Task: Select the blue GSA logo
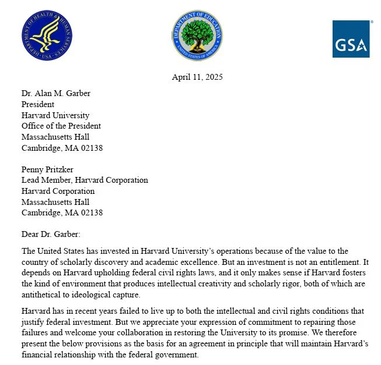[x=352, y=39]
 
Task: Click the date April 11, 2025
[x=197, y=77]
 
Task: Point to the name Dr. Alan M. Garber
[x=56, y=94]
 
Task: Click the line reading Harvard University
[x=55, y=115]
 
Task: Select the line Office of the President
[x=61, y=126]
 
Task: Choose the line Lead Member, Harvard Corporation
[x=85, y=180]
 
